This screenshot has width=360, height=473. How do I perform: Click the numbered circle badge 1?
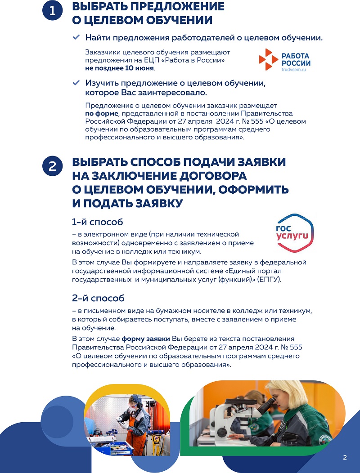point(53,13)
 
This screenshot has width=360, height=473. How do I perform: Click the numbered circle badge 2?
point(53,167)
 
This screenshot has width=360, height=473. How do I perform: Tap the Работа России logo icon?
point(269,59)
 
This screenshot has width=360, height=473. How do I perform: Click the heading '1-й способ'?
point(98,222)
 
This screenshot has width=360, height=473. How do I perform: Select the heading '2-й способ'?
point(98,298)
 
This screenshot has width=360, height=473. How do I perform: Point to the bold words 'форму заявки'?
point(146,339)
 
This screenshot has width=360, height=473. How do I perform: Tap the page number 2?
point(345,458)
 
